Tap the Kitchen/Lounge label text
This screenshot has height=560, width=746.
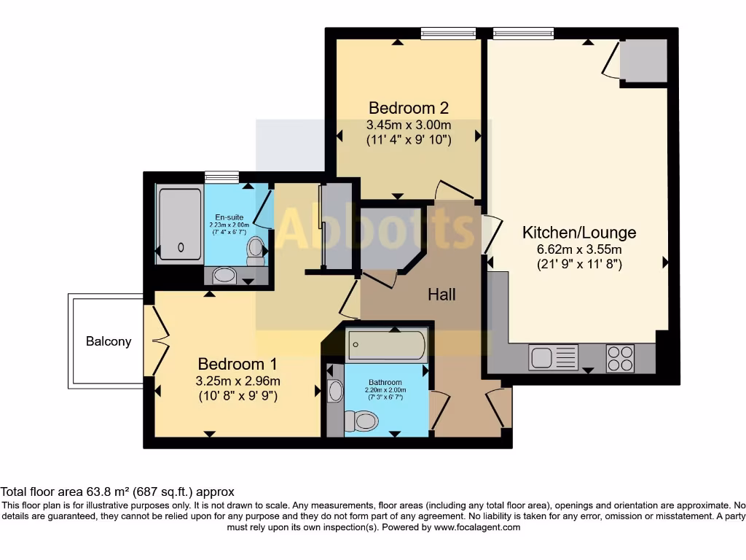coord(579,233)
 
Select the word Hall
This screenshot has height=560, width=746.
coord(441,294)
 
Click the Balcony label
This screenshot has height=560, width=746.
coord(109,341)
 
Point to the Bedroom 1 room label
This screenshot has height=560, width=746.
coord(237,363)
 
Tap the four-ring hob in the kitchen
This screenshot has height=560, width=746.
coord(620,358)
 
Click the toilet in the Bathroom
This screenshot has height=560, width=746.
coord(362,421)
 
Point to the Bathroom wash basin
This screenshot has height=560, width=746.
coord(335,392)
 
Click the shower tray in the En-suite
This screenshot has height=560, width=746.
coord(180,224)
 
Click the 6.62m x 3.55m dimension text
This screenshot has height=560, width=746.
coord(579,249)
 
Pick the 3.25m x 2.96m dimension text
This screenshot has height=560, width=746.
coord(237,381)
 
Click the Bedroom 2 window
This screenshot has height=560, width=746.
coord(448,33)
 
